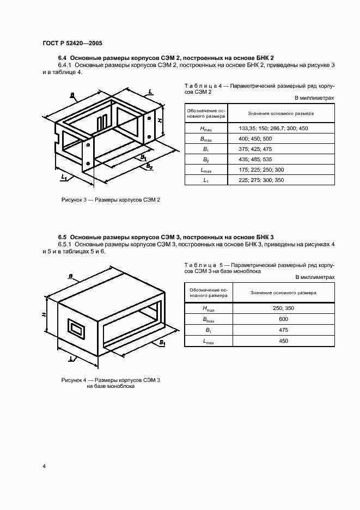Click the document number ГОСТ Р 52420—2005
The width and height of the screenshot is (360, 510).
tap(72, 43)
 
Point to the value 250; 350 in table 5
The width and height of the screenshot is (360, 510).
tap(283, 308)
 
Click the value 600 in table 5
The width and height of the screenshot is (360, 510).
tap(283, 319)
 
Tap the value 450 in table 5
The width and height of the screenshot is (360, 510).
tap(283, 341)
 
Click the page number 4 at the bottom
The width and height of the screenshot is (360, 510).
tap(44, 466)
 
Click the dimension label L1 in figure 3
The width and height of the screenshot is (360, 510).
tap(64, 177)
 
